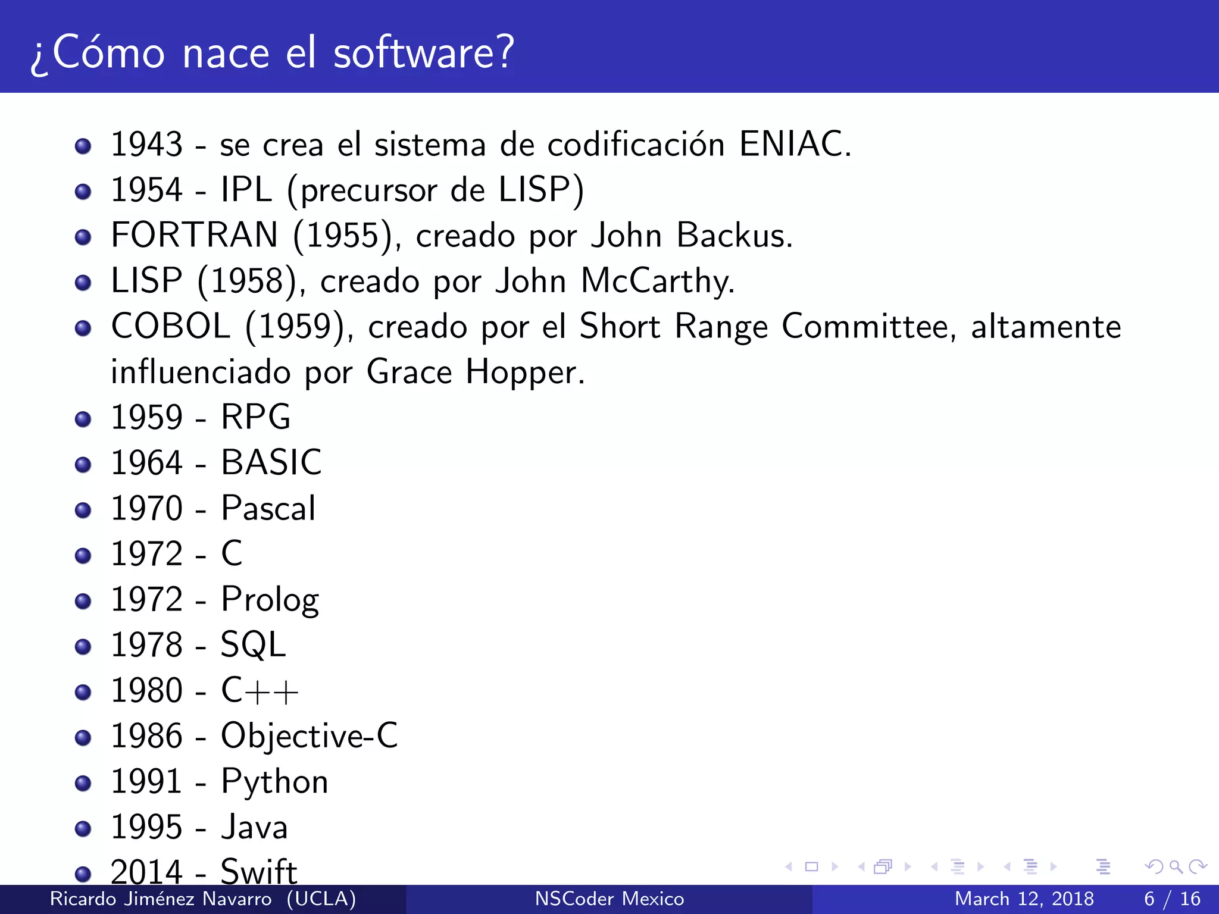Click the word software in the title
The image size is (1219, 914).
tap(423, 54)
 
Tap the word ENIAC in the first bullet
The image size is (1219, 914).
tap(795, 145)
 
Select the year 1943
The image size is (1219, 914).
tap(146, 145)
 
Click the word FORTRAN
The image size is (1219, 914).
tap(195, 235)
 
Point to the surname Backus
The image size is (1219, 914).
tap(734, 235)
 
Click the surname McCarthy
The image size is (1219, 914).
tap(657, 281)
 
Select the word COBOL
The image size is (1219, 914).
tap(171, 327)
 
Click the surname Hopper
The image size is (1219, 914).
tap(524, 373)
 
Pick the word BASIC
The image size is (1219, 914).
tap(271, 463)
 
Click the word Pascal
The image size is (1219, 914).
tap(268, 509)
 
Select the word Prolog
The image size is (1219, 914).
tap(270, 600)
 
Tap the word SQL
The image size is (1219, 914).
tap(254, 645)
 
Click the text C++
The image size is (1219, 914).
tap(260, 691)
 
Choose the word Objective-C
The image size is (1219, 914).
tap(310, 736)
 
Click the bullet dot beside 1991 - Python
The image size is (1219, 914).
tap(83, 783)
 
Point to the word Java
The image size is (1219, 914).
tap(255, 828)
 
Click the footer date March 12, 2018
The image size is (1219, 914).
tap(1024, 899)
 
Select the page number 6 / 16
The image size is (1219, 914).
tap(1172, 899)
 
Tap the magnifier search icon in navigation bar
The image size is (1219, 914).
tap(1176, 867)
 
